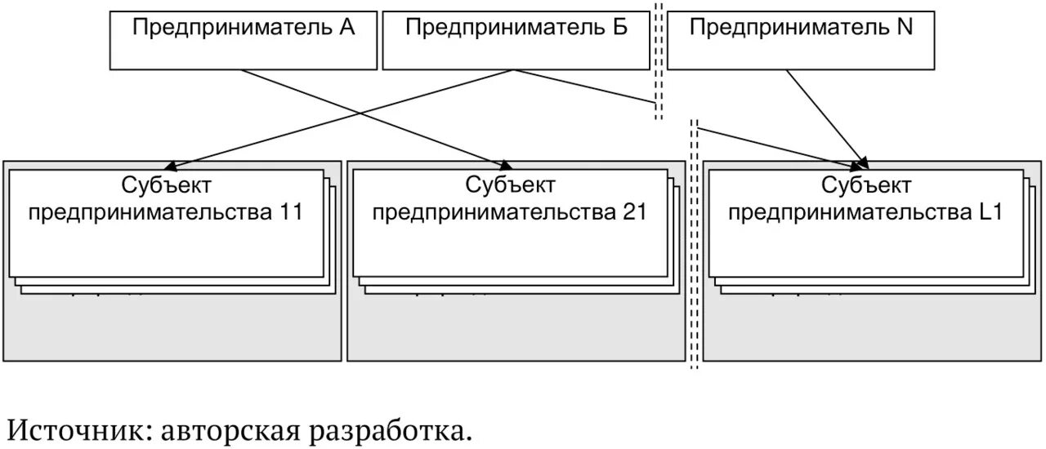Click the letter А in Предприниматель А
pyautogui.click(x=346, y=27)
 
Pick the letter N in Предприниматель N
pyautogui.click(x=905, y=27)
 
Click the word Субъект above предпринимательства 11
pyautogui.click(x=167, y=185)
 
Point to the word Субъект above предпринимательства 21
pyautogui.click(x=511, y=185)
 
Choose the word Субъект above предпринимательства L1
pyautogui.click(x=867, y=185)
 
